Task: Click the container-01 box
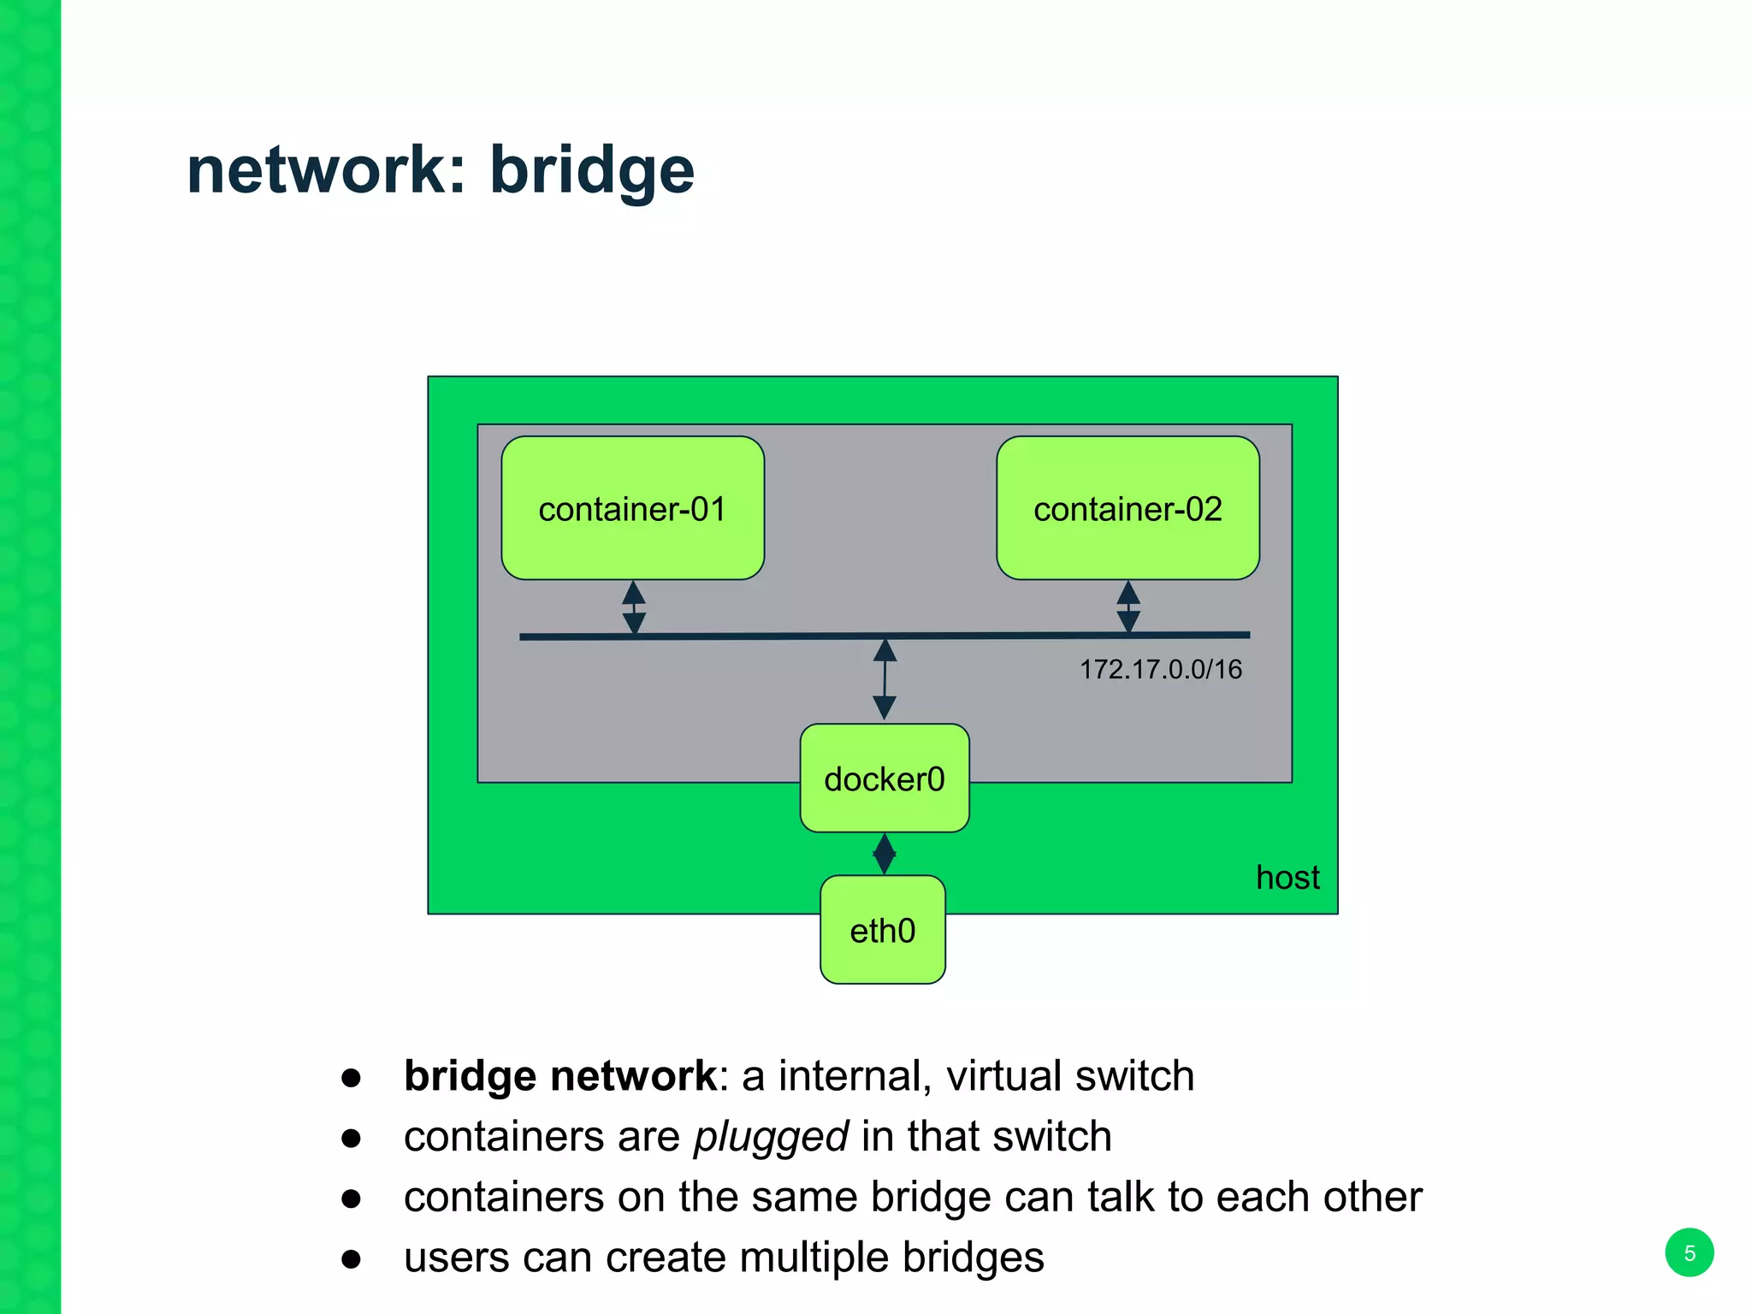coord(632,508)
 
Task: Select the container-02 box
coord(1128,508)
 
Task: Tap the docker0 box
coord(884,778)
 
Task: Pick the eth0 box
coord(882,930)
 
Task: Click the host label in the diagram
coord(1287,878)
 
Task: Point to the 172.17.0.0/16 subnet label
coord(1160,669)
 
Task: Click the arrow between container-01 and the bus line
coord(634,607)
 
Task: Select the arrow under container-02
coord(1128,607)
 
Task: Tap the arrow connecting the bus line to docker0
coord(885,679)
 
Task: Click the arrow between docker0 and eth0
coord(884,853)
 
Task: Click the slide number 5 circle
coord(1689,1253)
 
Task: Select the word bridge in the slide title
coord(591,170)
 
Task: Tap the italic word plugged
coord(771,1137)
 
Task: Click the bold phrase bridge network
coord(560,1076)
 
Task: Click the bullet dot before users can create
coord(351,1258)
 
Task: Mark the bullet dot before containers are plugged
coord(351,1138)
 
